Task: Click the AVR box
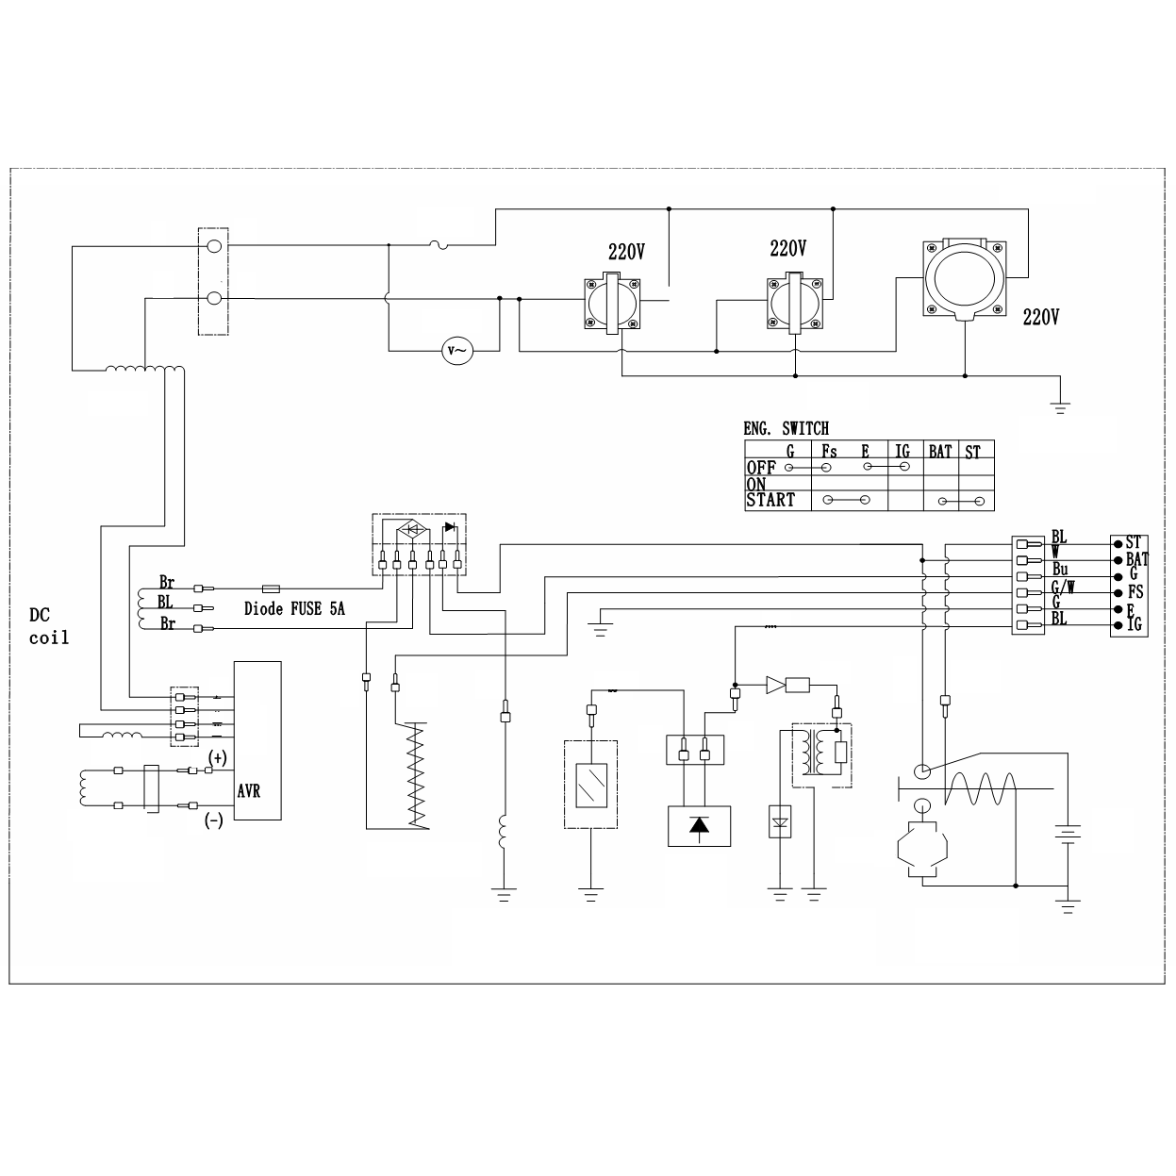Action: (x=257, y=740)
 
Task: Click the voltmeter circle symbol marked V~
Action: (x=457, y=351)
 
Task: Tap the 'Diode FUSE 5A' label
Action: (x=294, y=609)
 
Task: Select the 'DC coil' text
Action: (x=48, y=626)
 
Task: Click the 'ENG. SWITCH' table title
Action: (x=786, y=428)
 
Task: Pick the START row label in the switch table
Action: (x=770, y=501)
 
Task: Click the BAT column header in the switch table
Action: (x=940, y=452)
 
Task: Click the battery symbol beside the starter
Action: (x=1067, y=835)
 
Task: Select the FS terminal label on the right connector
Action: (x=1135, y=592)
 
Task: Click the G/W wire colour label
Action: (x=1063, y=588)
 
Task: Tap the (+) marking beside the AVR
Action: (x=218, y=757)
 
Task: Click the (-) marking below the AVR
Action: (x=214, y=820)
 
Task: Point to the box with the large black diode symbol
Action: (x=699, y=826)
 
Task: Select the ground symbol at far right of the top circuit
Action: (x=1061, y=407)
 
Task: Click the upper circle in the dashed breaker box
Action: (x=213, y=246)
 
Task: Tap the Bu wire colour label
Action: (x=1060, y=570)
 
